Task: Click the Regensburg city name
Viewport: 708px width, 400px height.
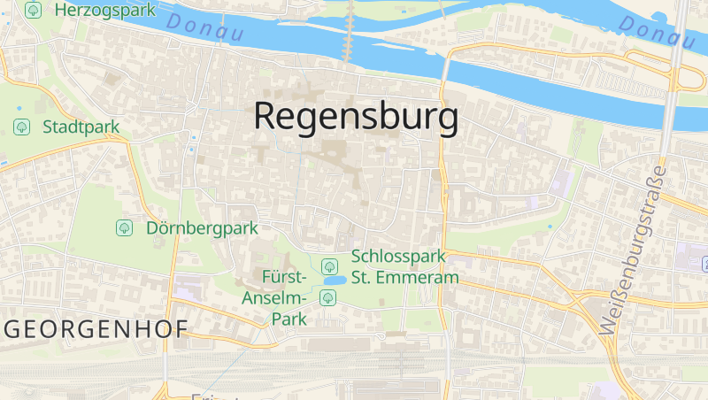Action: pos(357,117)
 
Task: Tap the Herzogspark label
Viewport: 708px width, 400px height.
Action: pos(104,10)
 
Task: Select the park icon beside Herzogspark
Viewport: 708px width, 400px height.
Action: pos(34,10)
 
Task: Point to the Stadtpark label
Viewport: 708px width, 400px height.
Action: pos(81,127)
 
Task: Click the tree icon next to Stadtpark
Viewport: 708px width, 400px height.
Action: pos(22,127)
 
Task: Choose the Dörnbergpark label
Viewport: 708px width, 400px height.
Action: pos(202,228)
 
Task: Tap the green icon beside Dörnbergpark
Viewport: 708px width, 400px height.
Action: pos(125,228)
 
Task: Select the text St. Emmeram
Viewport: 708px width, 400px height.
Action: pos(404,277)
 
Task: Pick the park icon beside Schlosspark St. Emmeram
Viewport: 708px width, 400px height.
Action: pos(329,265)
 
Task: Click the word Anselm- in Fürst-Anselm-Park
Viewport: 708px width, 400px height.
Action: pos(273,297)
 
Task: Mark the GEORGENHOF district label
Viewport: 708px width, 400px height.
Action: pos(96,330)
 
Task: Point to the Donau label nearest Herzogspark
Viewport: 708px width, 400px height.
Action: pos(204,27)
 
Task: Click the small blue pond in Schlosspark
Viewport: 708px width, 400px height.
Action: pos(335,281)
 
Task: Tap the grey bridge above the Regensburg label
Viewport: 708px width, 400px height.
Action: pos(350,31)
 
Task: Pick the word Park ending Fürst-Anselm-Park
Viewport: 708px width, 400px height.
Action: pos(289,319)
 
